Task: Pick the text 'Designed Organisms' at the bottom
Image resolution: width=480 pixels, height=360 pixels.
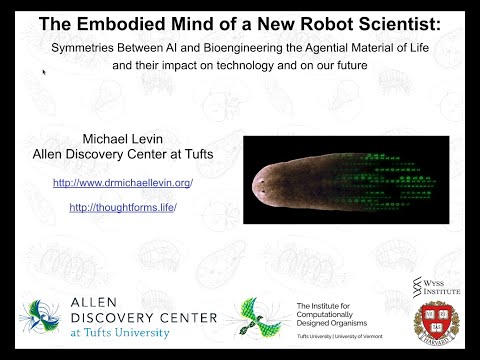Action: (x=330, y=322)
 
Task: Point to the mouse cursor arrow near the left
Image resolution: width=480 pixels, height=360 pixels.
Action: (x=44, y=73)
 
